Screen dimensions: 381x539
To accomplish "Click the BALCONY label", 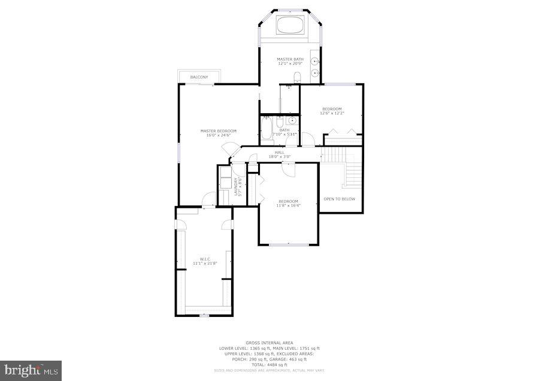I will pos(199,77).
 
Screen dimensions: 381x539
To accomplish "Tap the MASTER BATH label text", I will pos(290,59).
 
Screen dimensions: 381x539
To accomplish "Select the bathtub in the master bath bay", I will pos(290,26).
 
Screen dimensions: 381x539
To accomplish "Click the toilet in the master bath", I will pos(296,76).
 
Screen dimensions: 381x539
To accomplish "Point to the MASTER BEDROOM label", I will pos(218,131).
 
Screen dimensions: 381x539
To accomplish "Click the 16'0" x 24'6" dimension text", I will pos(218,135).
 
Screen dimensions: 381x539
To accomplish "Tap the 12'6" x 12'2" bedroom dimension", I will pos(332,113).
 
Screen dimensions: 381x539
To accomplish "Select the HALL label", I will pos(280,152).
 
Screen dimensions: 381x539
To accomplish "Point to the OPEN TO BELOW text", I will pos(340,199).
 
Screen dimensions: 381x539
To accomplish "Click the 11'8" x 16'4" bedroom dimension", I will pos(288,205).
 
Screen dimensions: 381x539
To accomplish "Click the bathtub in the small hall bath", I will pos(268,128).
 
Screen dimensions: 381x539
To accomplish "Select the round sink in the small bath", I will pos(292,120).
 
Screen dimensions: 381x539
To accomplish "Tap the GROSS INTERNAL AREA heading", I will pos(269,343).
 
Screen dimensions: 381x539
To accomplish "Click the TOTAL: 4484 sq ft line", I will pos(269,364).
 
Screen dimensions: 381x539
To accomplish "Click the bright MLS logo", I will pos(30,370).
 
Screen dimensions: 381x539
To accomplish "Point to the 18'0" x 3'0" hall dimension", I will pos(280,157).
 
